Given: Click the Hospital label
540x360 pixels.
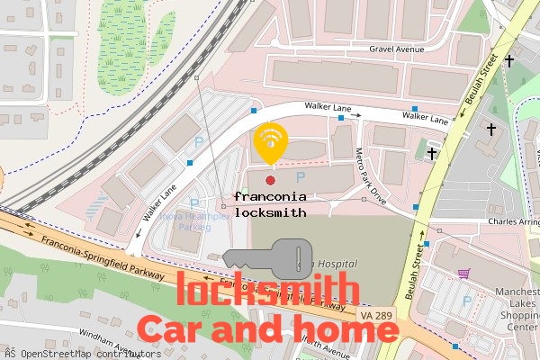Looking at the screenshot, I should (x=335, y=263).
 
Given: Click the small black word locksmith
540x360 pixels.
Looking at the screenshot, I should (x=270, y=213).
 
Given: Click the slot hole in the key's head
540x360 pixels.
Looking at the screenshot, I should (x=296, y=258).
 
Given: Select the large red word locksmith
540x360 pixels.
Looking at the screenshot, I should (x=263, y=291).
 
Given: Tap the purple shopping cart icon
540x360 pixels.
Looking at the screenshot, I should (x=463, y=273).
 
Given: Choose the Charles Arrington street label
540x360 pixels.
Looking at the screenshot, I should (x=512, y=221).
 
